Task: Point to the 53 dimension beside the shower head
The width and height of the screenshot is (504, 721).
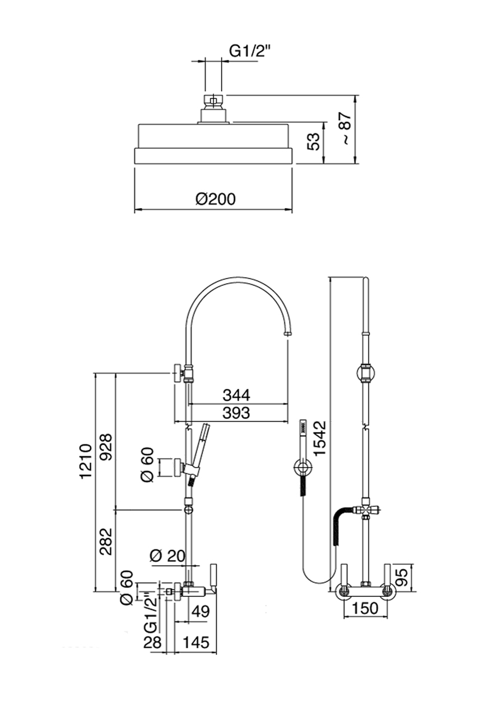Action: pos(314,142)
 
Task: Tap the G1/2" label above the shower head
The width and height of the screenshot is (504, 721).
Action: pos(250,51)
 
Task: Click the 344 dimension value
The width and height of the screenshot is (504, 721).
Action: pos(236,395)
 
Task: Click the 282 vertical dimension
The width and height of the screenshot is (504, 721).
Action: pos(105,541)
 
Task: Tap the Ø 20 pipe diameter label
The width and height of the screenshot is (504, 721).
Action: pos(169,555)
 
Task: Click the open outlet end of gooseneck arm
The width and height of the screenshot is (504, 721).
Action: pos(287,334)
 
